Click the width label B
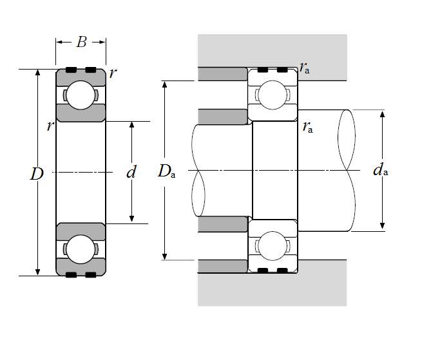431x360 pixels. pyautogui.click(x=81, y=43)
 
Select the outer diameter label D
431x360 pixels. pyautogui.click(x=37, y=173)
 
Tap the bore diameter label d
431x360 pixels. pyautogui.click(x=131, y=172)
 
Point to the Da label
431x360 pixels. pyautogui.click(x=166, y=171)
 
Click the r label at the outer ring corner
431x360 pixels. pyautogui.click(x=113, y=72)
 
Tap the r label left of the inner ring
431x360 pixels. pyautogui.click(x=50, y=126)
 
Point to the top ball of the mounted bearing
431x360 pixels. pyautogui.click(x=273, y=95)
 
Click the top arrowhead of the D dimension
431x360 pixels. pyautogui.click(x=38, y=73)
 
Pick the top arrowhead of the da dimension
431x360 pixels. pyautogui.click(x=383, y=114)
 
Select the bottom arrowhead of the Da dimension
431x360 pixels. pyautogui.click(x=166, y=256)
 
